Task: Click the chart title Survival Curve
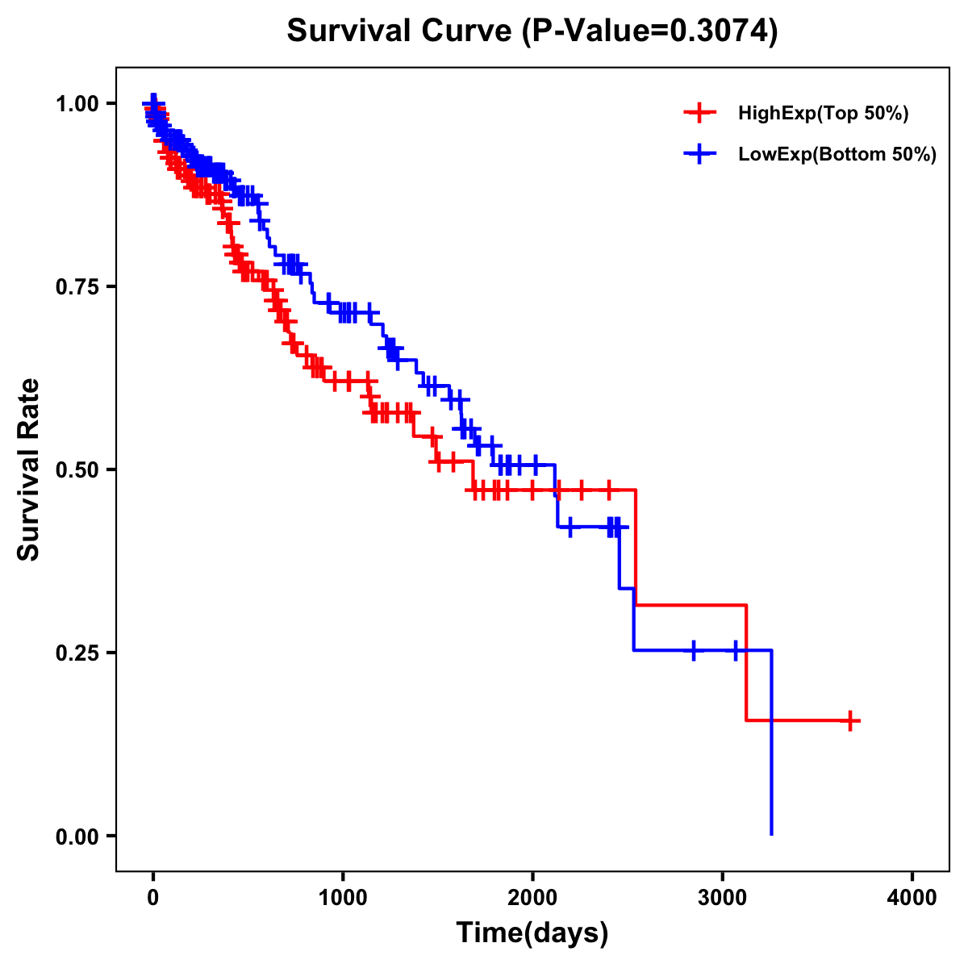(x=399, y=31)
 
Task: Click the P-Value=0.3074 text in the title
(x=649, y=31)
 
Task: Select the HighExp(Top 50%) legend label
(x=823, y=114)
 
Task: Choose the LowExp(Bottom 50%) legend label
(x=837, y=154)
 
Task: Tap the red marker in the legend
(x=699, y=114)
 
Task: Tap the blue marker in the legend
(x=699, y=154)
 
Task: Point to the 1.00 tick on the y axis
(x=76, y=103)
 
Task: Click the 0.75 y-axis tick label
(x=76, y=286)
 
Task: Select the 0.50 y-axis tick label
(x=76, y=469)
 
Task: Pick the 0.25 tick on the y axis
(x=76, y=653)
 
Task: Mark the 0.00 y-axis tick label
(x=76, y=836)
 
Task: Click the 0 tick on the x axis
(x=153, y=898)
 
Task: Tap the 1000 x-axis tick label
(x=343, y=898)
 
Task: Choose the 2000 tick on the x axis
(x=532, y=898)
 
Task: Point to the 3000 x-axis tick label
(x=723, y=898)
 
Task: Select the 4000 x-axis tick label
(x=912, y=898)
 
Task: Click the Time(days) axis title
(x=532, y=933)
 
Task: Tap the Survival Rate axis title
(x=29, y=469)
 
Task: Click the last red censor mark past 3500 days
(x=850, y=720)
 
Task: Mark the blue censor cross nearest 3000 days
(x=735, y=650)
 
